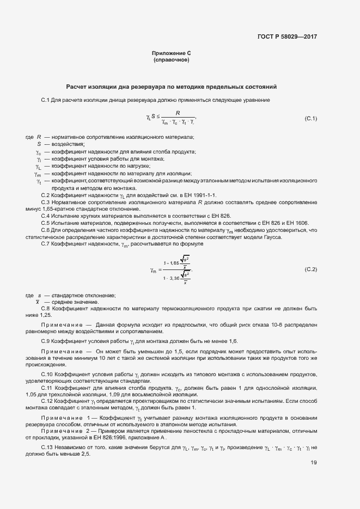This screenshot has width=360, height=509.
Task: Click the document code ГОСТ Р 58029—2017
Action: tap(286, 37)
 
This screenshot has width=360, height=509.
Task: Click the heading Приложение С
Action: tap(171, 53)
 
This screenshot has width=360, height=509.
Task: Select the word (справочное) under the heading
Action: tap(171, 60)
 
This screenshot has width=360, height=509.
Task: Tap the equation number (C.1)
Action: tap(310, 118)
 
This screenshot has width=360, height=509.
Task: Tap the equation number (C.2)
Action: tap(310, 269)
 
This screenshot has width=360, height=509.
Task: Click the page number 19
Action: tap(314, 463)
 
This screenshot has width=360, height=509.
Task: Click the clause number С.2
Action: tap(46, 195)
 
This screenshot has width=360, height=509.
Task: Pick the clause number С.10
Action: tap(47, 375)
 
